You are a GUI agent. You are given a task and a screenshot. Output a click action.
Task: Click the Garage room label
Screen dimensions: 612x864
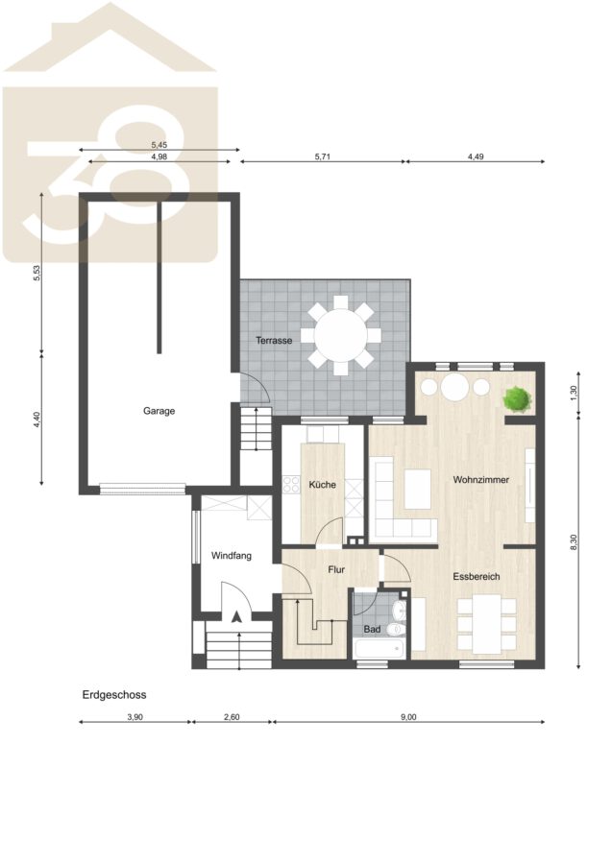159,411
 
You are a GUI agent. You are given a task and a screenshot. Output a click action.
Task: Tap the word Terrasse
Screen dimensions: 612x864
274,341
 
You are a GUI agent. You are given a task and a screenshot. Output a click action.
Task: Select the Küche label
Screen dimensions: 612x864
322,485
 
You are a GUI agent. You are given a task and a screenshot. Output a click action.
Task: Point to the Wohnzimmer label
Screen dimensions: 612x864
480,480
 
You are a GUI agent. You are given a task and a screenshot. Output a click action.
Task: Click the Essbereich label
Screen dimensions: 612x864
477,577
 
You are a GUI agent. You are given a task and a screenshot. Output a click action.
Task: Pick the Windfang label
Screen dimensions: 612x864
232,556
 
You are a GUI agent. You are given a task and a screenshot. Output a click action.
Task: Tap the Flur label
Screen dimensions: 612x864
336,569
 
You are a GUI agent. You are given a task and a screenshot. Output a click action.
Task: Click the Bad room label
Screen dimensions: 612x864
372,629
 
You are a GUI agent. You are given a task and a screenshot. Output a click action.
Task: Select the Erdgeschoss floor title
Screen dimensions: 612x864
114,695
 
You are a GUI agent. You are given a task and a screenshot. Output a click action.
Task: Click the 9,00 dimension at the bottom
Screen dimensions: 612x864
408,717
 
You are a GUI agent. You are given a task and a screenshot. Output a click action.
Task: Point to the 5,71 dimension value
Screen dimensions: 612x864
322,156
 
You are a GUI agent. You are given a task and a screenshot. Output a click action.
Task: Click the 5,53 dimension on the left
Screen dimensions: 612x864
37,274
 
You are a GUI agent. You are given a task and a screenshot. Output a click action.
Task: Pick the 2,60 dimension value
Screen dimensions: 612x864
232,717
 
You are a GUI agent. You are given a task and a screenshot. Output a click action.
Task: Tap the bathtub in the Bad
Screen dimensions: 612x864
379,649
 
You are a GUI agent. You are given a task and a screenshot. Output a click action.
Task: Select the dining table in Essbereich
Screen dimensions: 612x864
486,623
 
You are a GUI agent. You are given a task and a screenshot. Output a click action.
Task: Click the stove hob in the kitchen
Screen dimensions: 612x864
290,485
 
